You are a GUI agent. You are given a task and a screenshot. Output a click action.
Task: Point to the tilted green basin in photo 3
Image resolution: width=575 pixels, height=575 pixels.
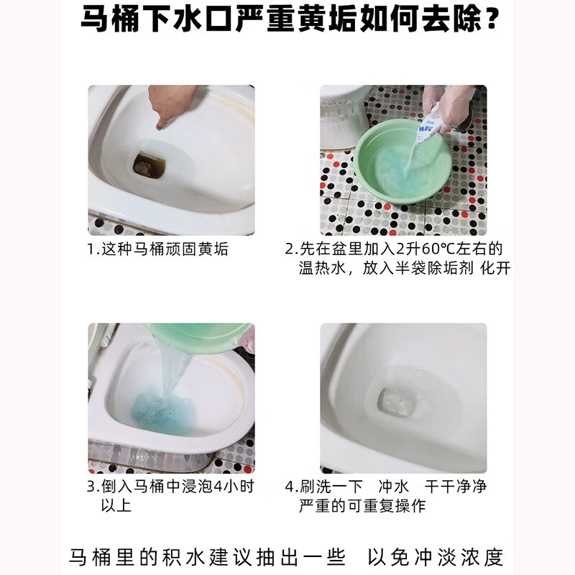click(x=198, y=338)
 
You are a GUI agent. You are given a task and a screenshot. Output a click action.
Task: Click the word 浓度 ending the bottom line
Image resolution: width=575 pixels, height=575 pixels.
click(x=484, y=557)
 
